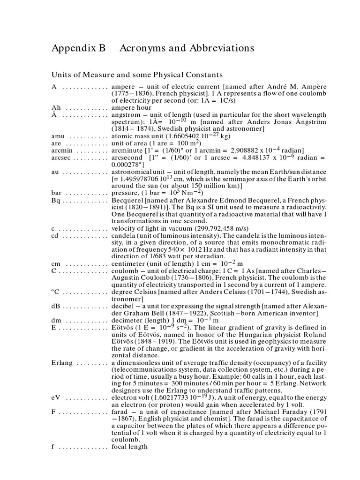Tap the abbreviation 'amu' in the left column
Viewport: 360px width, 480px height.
(x=58, y=136)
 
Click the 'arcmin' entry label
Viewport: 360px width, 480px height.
(x=61, y=150)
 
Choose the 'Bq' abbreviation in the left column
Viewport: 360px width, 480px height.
(x=55, y=201)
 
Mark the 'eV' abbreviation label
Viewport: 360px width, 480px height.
(x=56, y=397)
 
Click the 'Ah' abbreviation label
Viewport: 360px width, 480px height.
(x=55, y=107)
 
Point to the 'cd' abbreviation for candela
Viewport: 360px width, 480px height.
(x=55, y=236)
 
